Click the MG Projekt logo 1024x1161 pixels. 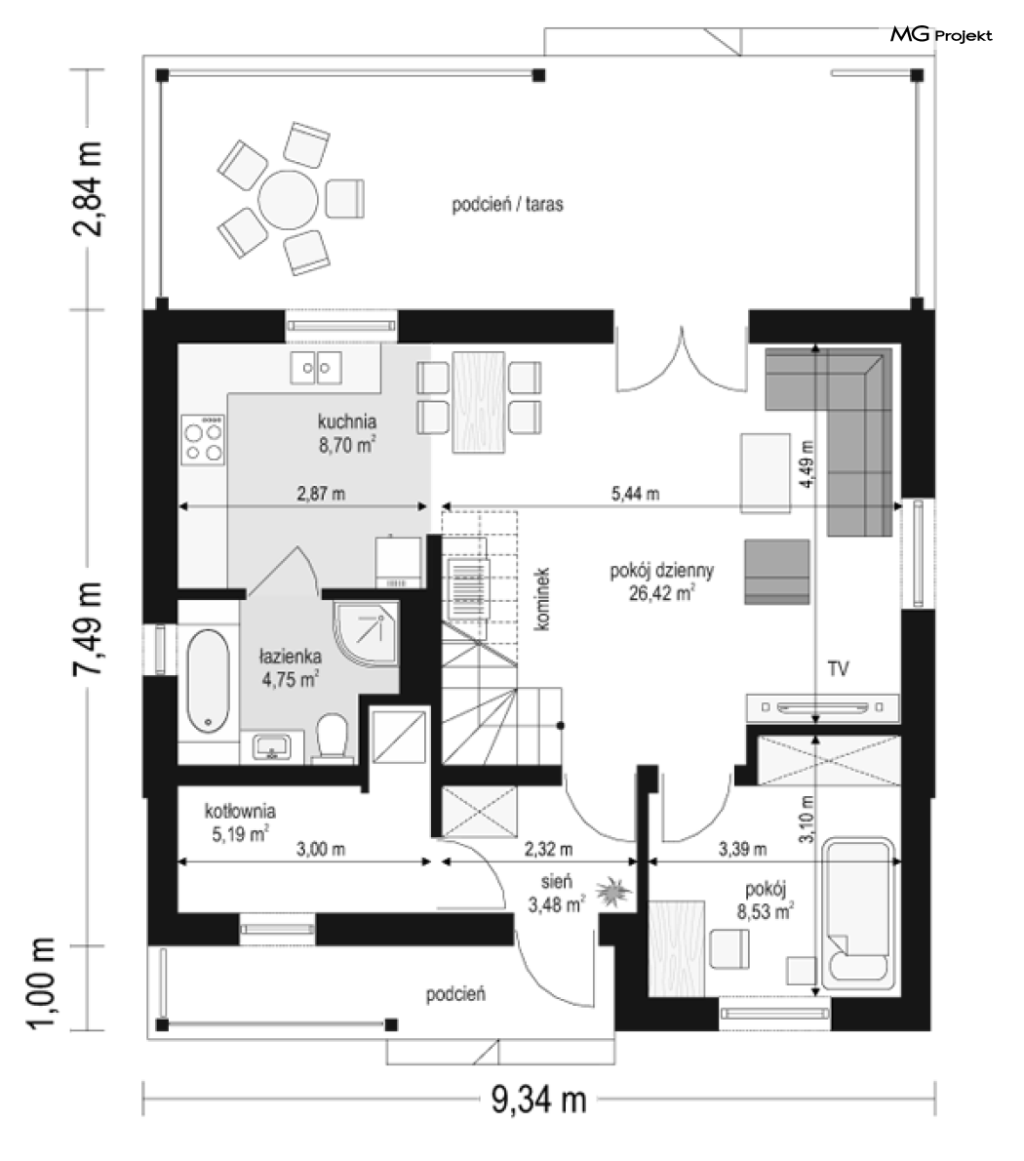pos(940,34)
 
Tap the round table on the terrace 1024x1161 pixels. pos(288,200)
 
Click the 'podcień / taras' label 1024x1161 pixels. pos(507,204)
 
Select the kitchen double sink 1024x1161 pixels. pos(316,368)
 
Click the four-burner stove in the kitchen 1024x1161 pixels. pos(203,439)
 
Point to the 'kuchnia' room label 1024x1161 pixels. pos(347,422)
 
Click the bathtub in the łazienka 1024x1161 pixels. pos(208,681)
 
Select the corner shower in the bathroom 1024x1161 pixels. pos(366,634)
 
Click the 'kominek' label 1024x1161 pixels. pos(542,599)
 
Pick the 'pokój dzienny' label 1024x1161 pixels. pos(661,571)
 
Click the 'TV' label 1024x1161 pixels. pos(839,669)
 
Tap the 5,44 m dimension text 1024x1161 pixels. pos(636,494)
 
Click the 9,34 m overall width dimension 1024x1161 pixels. pos(538,1100)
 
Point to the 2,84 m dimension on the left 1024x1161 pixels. pos(88,188)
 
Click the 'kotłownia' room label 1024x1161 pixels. pos(241,811)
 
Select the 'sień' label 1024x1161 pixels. pos(557,882)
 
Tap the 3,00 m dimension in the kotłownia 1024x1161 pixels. pos(321,849)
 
